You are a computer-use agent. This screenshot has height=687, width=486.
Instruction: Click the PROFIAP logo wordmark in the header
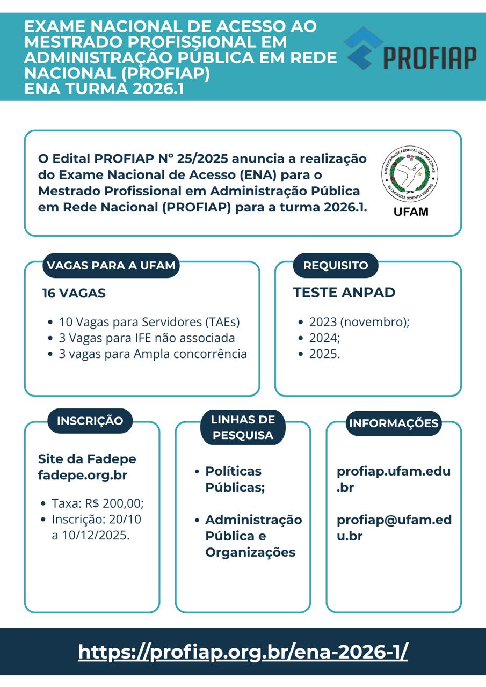(x=430, y=57)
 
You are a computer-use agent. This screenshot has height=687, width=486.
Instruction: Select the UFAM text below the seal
(x=411, y=211)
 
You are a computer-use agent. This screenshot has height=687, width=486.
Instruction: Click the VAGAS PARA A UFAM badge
(x=111, y=266)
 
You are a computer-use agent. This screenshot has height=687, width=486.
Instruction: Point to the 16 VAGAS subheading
(x=74, y=293)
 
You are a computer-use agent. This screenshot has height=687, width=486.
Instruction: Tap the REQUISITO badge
(x=336, y=266)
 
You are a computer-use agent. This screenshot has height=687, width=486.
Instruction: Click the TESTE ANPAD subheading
(x=344, y=293)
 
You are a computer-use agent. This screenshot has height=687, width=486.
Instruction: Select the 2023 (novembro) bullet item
(x=359, y=322)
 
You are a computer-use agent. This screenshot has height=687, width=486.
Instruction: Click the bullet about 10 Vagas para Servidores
(x=149, y=322)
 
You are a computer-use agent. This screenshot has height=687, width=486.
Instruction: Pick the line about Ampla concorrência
(x=153, y=354)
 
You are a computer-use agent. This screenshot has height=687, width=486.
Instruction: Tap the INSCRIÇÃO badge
(x=90, y=421)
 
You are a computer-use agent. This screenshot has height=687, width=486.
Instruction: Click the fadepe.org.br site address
(x=82, y=476)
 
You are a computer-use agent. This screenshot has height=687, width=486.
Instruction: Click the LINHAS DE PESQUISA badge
(x=243, y=427)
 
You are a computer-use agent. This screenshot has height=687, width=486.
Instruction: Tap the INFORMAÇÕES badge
(x=394, y=423)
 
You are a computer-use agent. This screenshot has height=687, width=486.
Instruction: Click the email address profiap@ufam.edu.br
(x=394, y=528)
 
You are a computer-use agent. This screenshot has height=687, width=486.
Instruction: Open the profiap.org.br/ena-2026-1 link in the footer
(x=243, y=652)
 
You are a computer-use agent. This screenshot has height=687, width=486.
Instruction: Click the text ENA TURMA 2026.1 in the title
(x=104, y=89)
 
